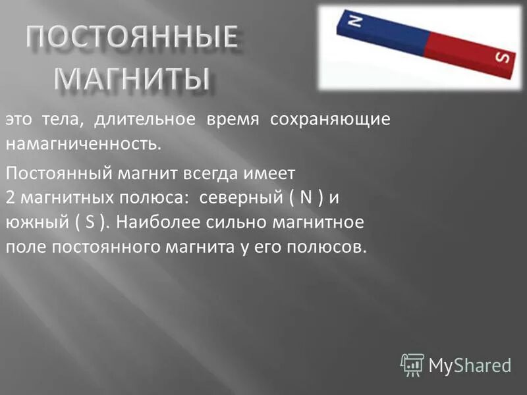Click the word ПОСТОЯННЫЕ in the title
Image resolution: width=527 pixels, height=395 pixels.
[x=132, y=38]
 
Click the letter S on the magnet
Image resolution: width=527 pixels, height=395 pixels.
[x=502, y=58]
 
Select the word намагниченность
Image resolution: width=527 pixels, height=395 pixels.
[x=83, y=142]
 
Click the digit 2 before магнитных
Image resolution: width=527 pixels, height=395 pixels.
[x=10, y=198]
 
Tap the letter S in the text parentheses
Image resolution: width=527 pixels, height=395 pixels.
[x=90, y=223]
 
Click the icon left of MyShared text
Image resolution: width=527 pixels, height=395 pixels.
[x=412, y=364]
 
